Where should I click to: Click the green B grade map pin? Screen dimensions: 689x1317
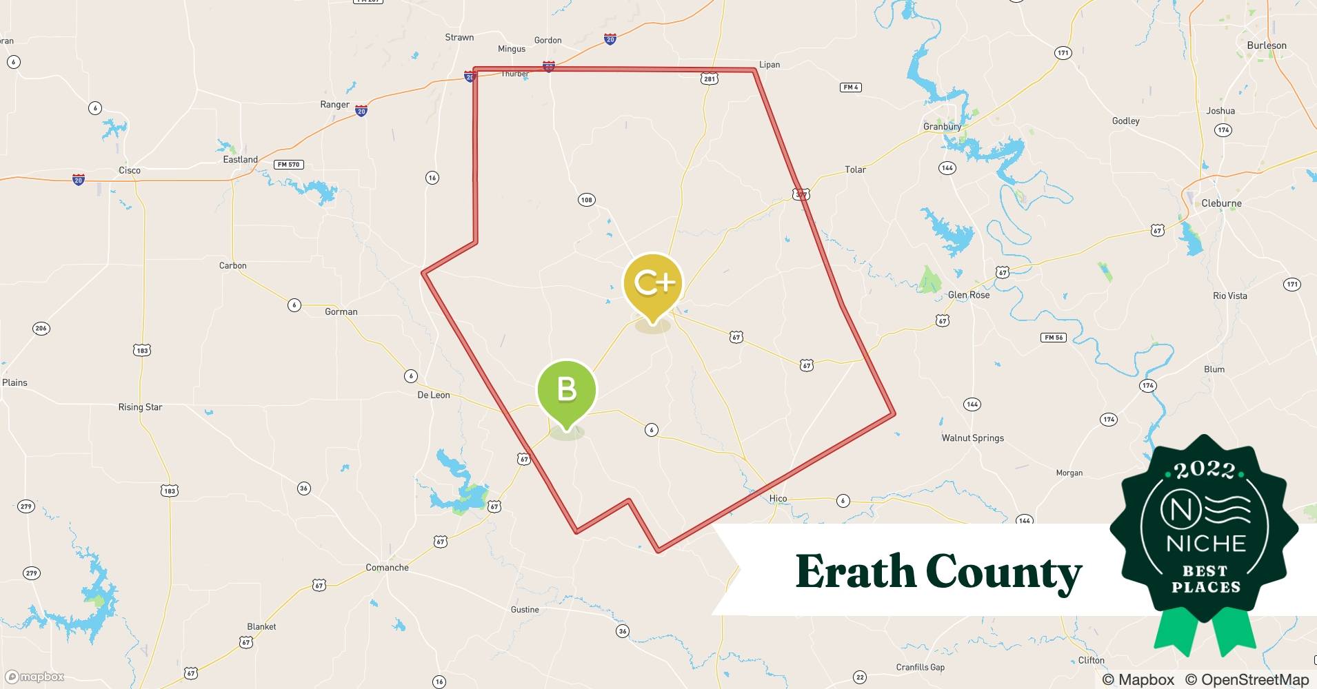[x=566, y=391]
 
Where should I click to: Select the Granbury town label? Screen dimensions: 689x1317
[x=942, y=127]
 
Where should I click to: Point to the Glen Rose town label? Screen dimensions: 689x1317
[x=968, y=295]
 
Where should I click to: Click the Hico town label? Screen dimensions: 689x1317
[x=778, y=498]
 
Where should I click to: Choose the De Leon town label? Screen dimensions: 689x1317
[x=434, y=395]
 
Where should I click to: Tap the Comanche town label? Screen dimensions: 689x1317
[x=387, y=568]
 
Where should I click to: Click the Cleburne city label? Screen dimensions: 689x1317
[x=1221, y=203]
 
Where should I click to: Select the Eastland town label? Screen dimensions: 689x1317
[x=240, y=159]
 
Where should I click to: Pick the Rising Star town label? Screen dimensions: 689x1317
[x=140, y=407]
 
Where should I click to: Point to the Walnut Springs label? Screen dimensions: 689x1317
[x=972, y=438]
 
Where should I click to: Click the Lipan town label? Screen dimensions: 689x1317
[x=770, y=65]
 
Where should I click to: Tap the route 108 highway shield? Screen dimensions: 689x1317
[x=586, y=200]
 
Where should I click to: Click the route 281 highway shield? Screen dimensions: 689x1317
[x=710, y=79]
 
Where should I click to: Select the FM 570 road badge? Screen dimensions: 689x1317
[x=289, y=165]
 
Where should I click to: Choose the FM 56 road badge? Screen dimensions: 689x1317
[x=1054, y=338]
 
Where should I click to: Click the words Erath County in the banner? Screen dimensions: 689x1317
[x=938, y=572]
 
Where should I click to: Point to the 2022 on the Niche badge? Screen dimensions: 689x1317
[x=1204, y=470]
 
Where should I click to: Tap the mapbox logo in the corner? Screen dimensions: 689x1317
[x=34, y=677]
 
